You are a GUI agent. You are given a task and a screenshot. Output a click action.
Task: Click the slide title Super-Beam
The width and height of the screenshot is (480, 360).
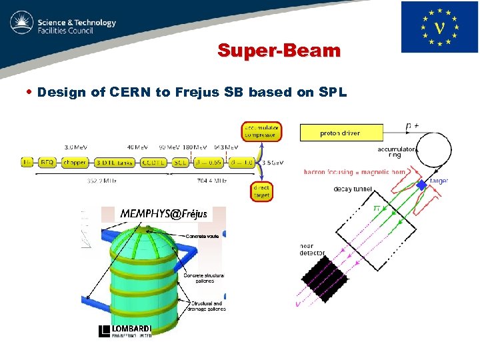[x=279, y=51]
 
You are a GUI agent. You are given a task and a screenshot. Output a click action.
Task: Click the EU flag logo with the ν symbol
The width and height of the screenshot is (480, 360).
[x=439, y=27]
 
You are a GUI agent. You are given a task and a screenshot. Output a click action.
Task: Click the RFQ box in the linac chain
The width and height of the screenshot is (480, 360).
[x=47, y=162]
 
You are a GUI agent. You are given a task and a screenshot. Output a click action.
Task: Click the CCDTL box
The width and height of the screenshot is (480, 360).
[x=155, y=162]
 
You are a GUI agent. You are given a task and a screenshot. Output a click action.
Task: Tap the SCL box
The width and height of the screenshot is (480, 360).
[x=180, y=162]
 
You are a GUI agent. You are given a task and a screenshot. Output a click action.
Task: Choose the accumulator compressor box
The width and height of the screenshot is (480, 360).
[x=261, y=131]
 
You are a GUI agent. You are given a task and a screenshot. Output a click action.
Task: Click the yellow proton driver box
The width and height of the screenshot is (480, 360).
[x=341, y=133]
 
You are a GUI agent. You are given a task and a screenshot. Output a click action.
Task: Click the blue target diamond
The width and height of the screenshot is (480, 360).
[x=422, y=184]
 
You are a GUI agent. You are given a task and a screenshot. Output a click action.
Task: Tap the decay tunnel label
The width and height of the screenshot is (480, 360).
[x=353, y=189]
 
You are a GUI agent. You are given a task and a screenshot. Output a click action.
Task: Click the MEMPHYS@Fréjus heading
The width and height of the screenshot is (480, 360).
[x=164, y=214]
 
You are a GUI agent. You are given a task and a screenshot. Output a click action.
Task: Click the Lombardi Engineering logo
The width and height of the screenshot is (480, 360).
[x=126, y=331]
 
